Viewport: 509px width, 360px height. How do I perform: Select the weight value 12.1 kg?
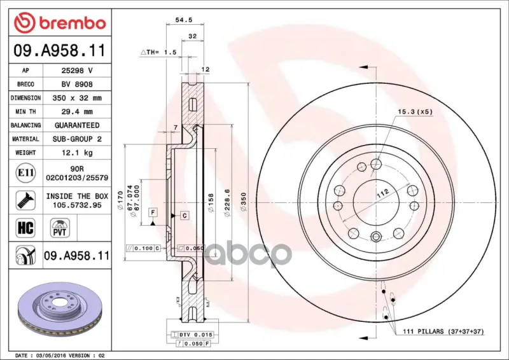(77, 153)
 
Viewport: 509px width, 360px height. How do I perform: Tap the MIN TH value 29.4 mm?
(77, 112)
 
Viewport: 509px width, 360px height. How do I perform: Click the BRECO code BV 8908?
(77, 85)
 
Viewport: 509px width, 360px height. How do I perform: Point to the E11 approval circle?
(25, 173)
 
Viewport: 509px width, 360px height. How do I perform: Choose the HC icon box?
(25, 228)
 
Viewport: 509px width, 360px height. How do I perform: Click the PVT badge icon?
(60, 228)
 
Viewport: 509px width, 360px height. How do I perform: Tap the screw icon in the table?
(25, 200)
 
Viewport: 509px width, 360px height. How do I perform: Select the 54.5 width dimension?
(184, 20)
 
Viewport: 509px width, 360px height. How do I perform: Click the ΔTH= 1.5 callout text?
(158, 52)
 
